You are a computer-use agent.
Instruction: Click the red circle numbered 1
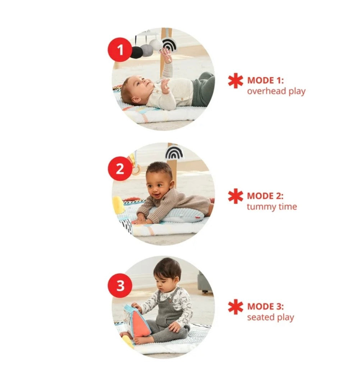(120, 50)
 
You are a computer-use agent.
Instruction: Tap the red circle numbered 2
(120, 169)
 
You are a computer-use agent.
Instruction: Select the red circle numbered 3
(120, 286)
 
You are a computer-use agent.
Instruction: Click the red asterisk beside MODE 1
(236, 81)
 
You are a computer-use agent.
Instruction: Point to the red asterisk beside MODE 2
(236, 196)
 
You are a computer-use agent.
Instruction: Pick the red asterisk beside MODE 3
(236, 307)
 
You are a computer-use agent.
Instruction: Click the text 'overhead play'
(276, 91)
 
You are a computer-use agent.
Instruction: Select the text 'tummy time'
(272, 207)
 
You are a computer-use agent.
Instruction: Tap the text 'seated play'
(270, 318)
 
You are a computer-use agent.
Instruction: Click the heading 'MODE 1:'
(265, 80)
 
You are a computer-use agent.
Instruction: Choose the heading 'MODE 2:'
(265, 196)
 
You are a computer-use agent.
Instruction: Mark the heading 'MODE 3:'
(265, 306)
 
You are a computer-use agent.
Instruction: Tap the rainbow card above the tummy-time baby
(174, 152)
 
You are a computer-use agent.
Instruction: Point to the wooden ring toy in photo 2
(137, 170)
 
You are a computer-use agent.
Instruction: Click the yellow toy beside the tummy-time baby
(118, 205)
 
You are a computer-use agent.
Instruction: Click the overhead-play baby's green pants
(203, 89)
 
